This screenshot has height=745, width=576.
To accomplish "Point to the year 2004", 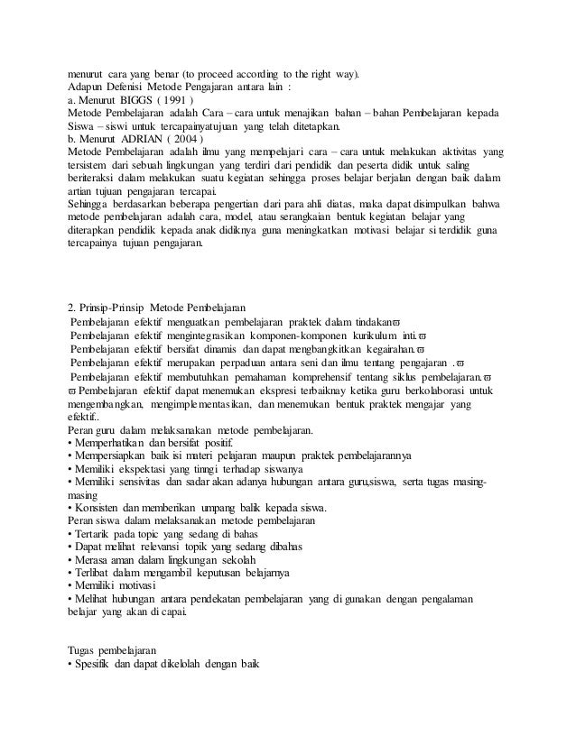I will tap(189, 140).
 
